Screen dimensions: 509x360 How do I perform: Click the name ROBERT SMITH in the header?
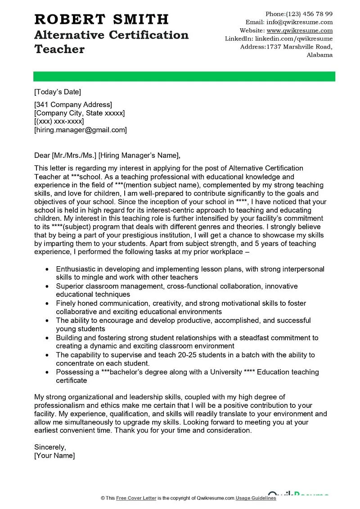(101, 19)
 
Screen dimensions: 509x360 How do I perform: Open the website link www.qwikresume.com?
(300, 31)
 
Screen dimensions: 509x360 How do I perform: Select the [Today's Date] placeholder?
(58, 92)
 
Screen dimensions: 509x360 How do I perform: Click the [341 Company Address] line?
(73, 105)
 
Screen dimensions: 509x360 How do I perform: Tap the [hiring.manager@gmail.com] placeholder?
(81, 130)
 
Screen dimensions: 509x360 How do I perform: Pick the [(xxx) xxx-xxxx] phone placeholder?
(59, 121)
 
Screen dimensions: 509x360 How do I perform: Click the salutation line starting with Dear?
(107, 156)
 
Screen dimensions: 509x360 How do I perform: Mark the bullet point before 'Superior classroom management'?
(48, 286)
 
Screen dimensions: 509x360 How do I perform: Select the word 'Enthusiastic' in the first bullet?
(77, 269)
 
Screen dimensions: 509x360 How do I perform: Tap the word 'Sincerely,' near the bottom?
(50, 447)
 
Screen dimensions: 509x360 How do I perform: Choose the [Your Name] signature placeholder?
(54, 455)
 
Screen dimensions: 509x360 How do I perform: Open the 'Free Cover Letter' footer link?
(134, 498)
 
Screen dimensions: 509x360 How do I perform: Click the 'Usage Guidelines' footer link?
(256, 498)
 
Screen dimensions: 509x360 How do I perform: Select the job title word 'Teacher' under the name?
(59, 49)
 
